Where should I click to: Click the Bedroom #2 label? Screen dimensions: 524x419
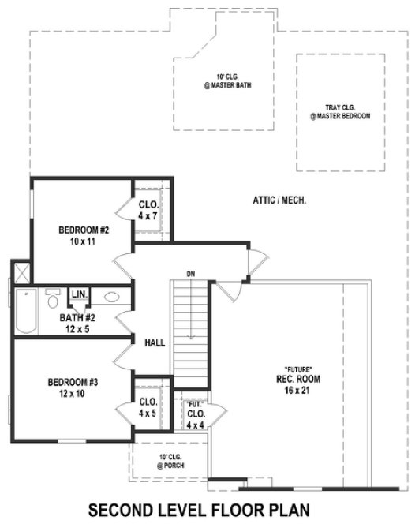pos(83,235)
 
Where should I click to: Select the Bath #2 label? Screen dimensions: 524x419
pos(77,324)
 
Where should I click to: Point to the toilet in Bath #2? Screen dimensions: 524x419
pos(54,300)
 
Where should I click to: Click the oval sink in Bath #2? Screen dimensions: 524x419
pos(112,298)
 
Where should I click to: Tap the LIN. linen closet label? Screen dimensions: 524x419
pos(79,294)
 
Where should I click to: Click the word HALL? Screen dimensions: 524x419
pos(155,342)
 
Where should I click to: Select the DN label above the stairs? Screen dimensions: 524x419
pos(190,274)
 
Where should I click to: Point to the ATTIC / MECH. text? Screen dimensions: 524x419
pos(279,200)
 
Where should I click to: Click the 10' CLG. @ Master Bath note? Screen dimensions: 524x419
pos(222,81)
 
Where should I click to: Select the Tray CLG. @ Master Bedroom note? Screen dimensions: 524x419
pos(339,111)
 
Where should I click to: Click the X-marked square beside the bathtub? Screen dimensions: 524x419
pos(21,273)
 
